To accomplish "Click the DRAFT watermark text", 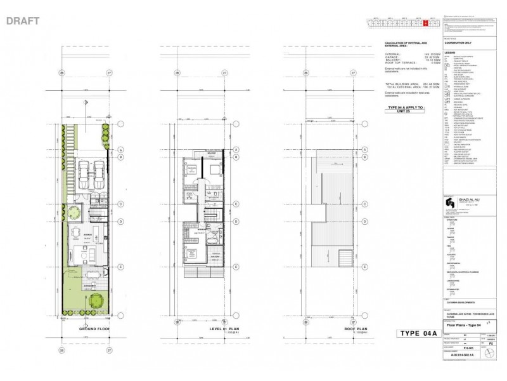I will point(23,21).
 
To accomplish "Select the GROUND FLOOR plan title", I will point(94,329).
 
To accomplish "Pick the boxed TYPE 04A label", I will point(417,334).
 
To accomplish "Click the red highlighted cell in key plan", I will point(426,23).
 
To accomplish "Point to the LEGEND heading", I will point(451,53).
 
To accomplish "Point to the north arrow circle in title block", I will point(488,351).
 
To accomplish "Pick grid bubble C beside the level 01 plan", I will point(236,204).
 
